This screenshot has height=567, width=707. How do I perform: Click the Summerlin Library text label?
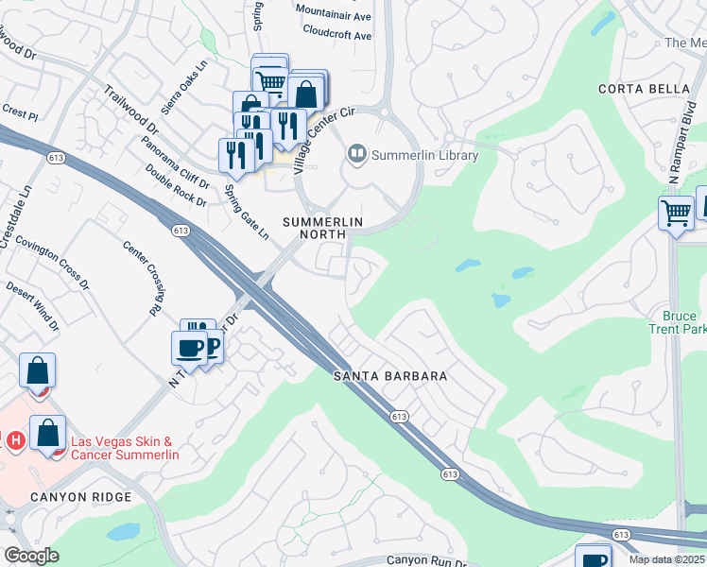[x=424, y=155]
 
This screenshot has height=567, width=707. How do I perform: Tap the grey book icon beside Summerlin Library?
[x=357, y=152]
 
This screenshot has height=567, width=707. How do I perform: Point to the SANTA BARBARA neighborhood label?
[x=390, y=376]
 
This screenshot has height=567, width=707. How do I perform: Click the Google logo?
[x=31, y=556]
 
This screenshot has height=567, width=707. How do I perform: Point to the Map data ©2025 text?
[x=666, y=559]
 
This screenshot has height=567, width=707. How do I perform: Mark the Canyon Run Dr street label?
[x=426, y=559]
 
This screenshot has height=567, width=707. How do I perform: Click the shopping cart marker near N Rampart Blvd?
[x=675, y=214]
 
